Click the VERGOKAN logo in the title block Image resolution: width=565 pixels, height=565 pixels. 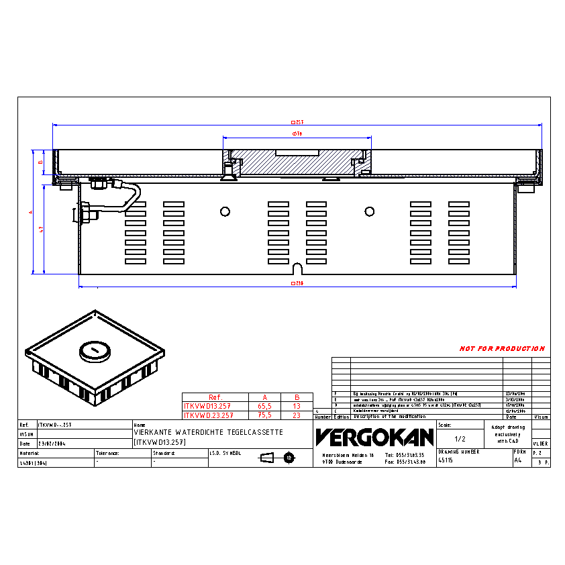point(374,438)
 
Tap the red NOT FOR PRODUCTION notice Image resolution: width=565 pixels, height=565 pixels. point(501,349)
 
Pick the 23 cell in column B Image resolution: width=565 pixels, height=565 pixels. point(296,415)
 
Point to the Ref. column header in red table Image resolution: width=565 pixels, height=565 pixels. point(215,397)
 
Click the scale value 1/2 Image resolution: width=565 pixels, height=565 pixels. point(460,438)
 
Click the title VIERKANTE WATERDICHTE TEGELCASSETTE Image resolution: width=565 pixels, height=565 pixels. point(209,433)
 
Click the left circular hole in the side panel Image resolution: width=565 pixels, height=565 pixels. point(225,211)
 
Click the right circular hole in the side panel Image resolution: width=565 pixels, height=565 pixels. point(368,211)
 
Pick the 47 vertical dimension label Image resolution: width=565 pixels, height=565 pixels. point(42,229)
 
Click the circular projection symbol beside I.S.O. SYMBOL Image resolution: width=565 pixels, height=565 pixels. point(289,458)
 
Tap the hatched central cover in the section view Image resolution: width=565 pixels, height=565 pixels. point(295,162)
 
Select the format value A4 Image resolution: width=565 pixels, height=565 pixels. point(517,461)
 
